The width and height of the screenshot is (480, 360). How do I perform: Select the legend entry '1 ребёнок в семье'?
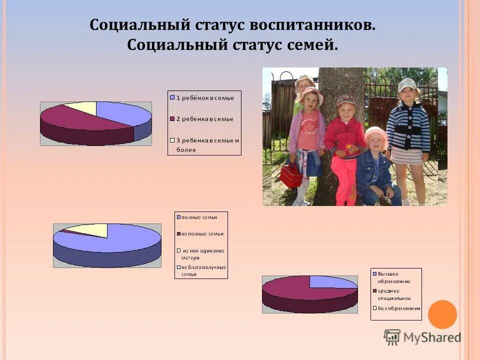(x=204, y=98)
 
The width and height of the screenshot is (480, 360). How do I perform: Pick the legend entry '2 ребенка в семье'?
(x=204, y=119)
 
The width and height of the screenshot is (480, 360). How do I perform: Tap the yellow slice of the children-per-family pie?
(x=82, y=106)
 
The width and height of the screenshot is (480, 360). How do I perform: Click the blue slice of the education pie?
(x=331, y=282)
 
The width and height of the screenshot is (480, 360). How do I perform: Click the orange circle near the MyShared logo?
(x=442, y=314)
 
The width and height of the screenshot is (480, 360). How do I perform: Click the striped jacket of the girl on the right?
(x=408, y=128)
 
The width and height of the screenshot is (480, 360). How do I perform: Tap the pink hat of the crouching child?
(x=375, y=134)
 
